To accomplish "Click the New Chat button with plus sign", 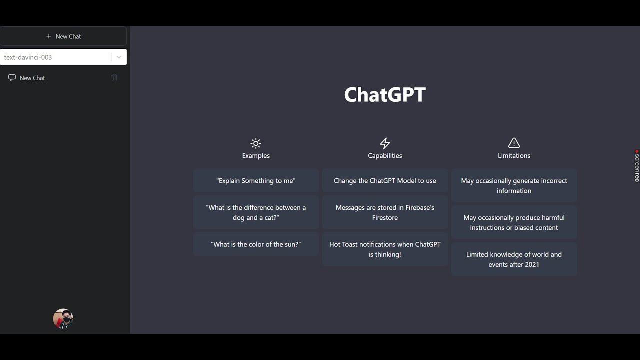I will point(63,36).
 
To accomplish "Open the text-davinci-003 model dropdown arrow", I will point(119,57).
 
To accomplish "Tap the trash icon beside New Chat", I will point(114,78).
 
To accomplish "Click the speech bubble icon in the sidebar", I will point(12,78).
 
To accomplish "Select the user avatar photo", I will point(63,319).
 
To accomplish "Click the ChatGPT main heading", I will point(385,95).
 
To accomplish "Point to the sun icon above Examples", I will point(256,144).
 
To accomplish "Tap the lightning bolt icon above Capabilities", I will point(385,144).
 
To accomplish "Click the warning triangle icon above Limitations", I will point(514,144).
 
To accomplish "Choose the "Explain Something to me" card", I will point(256,181).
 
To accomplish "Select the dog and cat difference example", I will point(256,212).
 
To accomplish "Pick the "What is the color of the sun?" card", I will point(256,244).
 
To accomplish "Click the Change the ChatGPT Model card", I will point(385,181).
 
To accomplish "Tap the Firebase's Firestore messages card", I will point(385,212).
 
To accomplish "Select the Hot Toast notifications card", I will point(385,249).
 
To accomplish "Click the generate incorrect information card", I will point(514,186).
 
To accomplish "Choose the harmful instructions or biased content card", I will point(514,222).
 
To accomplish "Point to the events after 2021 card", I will point(514,259).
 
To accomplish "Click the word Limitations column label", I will point(514,156).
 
